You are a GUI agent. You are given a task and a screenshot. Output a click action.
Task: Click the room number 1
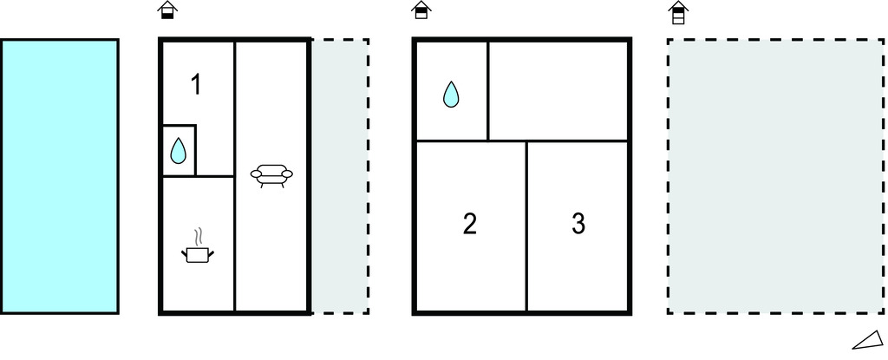(196, 85)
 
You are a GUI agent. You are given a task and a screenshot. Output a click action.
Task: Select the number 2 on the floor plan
(470, 224)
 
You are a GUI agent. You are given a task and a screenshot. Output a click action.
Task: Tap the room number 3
(578, 224)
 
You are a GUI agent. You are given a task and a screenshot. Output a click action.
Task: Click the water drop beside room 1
(178, 152)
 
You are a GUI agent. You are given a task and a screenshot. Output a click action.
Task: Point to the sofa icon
(271, 175)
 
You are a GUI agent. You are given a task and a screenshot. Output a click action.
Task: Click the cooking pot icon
(199, 253)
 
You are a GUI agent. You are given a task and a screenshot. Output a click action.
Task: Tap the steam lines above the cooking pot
(199, 235)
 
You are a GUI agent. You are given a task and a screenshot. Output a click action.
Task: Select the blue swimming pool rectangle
(59, 176)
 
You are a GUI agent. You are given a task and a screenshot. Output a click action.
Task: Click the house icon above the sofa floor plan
(167, 11)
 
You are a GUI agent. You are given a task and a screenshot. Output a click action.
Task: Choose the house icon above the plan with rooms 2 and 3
(421, 11)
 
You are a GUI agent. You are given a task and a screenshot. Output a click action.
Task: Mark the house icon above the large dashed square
(678, 12)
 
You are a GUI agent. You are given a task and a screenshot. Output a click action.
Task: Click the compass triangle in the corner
(868, 339)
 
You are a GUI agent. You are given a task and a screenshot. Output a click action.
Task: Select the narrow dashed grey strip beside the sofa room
(340, 176)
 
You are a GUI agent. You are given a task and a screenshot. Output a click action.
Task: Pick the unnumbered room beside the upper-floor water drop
(558, 90)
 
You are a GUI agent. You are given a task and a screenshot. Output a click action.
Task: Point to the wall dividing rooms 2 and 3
(527, 226)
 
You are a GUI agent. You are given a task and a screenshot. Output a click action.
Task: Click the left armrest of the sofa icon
(255, 174)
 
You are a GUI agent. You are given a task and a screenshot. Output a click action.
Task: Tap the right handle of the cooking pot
(211, 252)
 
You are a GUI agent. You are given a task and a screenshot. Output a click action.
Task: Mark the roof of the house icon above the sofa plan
(167, 6)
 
